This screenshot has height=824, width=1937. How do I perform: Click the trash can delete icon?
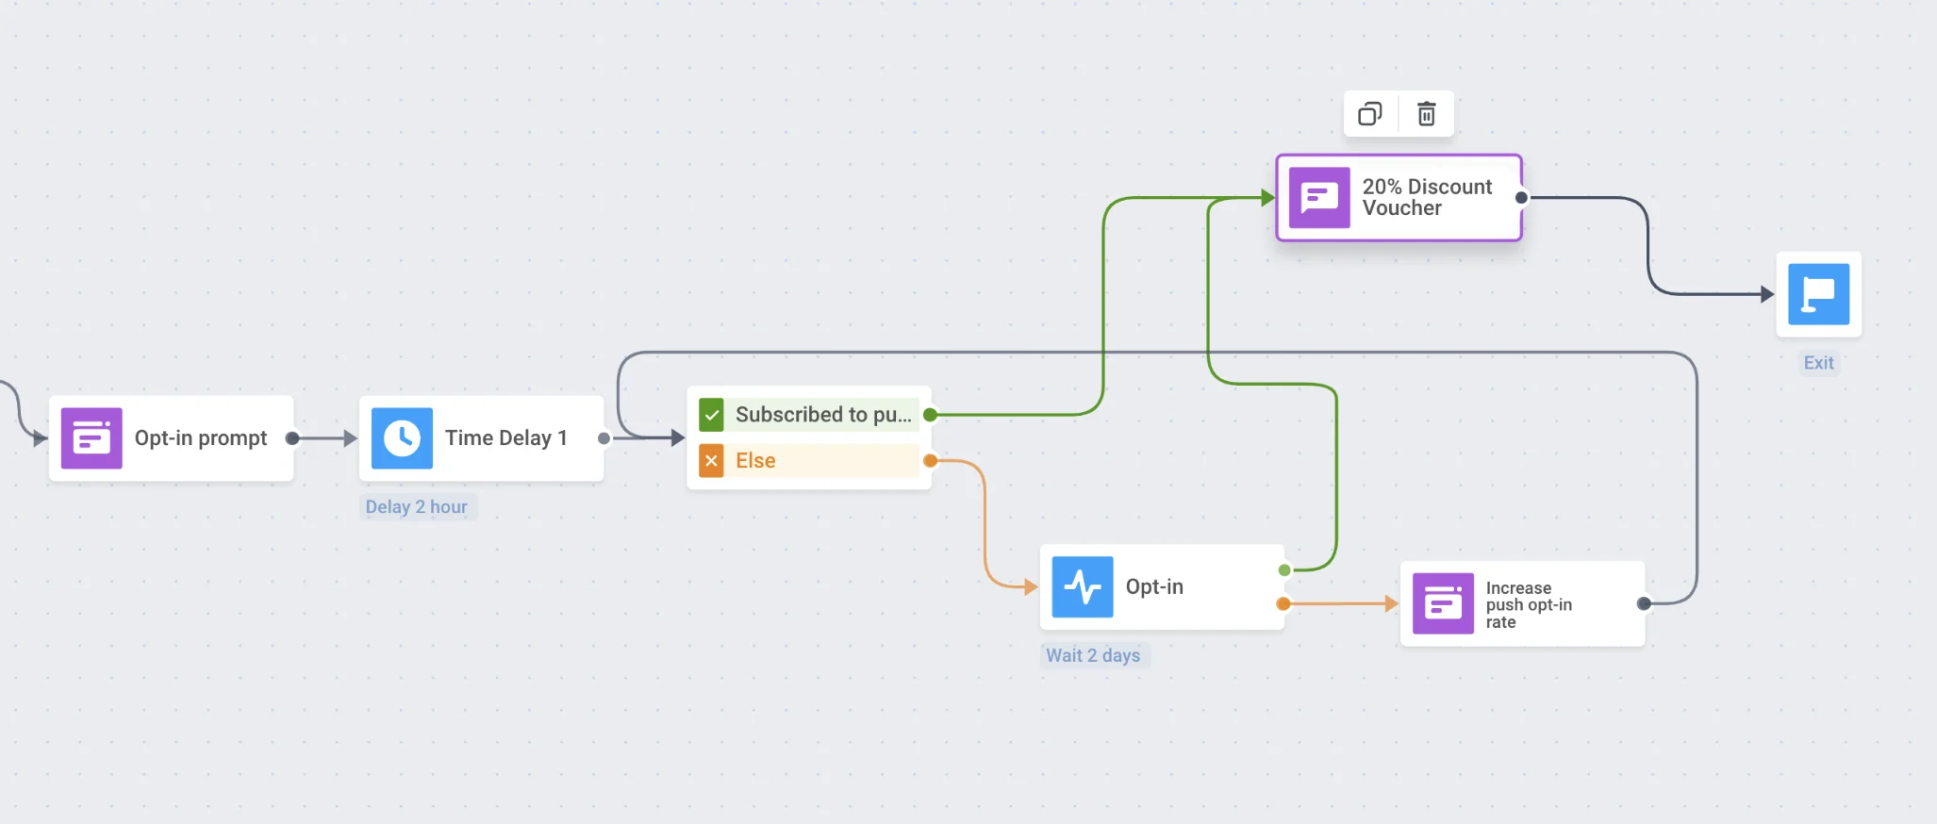tap(1426, 114)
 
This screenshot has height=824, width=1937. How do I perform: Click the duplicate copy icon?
tap(1370, 114)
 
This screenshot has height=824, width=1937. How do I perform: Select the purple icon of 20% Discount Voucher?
tap(1319, 198)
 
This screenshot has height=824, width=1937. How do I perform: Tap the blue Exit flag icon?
tap(1818, 294)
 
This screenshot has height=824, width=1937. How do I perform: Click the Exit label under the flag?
tap(1818, 363)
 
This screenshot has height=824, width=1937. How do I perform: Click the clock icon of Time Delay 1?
tap(402, 438)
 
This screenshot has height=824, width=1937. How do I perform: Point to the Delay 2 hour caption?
tap(417, 507)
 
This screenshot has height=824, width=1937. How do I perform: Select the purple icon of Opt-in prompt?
tap(91, 438)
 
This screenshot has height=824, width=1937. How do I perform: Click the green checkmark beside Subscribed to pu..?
tap(711, 415)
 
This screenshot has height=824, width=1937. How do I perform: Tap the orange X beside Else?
tap(711, 461)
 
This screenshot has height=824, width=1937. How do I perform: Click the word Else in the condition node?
tap(755, 461)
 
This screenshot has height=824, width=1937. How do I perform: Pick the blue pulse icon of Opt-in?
tap(1082, 587)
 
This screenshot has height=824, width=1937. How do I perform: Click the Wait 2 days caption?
tap(1093, 655)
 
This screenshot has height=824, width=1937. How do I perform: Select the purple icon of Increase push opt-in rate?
tap(1443, 604)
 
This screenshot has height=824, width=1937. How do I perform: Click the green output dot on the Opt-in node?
tap(1284, 570)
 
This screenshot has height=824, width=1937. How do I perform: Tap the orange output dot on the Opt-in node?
tap(1283, 603)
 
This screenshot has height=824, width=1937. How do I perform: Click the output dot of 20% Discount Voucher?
tap(1521, 198)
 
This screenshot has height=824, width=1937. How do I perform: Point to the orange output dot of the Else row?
tap(930, 461)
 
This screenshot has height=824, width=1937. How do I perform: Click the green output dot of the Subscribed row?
tap(930, 415)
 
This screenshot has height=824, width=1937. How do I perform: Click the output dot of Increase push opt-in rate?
tap(1644, 603)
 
